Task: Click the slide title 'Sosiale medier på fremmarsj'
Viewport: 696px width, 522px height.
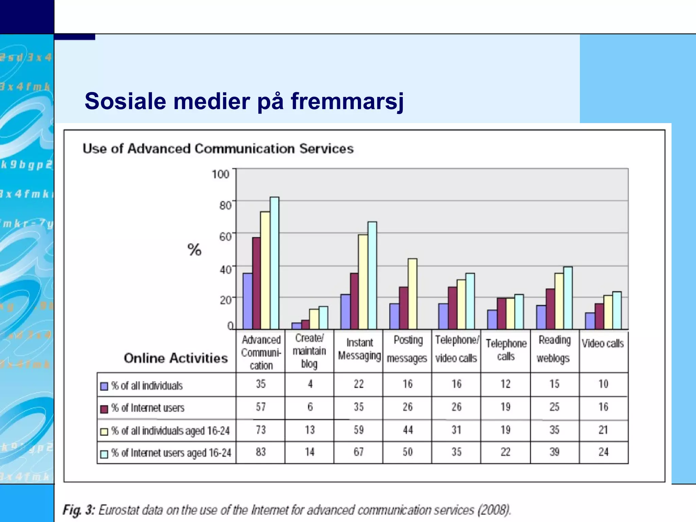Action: click(x=244, y=101)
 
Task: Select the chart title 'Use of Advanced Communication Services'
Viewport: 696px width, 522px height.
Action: click(x=218, y=149)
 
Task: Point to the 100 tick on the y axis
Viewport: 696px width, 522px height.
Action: click(x=220, y=174)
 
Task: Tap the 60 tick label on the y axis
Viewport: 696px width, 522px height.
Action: click(x=225, y=237)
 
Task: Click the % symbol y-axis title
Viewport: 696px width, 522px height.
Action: click(x=194, y=250)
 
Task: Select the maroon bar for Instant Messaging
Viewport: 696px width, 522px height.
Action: click(x=354, y=301)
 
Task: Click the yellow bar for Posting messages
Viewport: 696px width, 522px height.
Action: click(x=412, y=294)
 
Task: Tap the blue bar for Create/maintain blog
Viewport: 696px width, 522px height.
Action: click(x=296, y=326)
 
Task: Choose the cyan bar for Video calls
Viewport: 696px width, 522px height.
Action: click(x=616, y=310)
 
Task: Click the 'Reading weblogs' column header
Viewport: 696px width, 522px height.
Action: click(x=554, y=349)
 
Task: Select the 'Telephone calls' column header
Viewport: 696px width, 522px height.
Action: click(x=506, y=350)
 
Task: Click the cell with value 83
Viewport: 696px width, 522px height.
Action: click(x=261, y=452)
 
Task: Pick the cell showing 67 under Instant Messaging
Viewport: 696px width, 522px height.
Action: click(x=359, y=452)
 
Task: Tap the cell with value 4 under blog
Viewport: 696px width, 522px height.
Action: click(x=310, y=384)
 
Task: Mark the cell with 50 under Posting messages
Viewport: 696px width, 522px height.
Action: click(x=407, y=452)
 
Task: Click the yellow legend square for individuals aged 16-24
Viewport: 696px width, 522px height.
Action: click(x=104, y=432)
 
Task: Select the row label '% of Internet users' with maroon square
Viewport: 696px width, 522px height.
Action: click(x=147, y=408)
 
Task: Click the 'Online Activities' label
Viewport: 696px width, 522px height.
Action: click(x=176, y=358)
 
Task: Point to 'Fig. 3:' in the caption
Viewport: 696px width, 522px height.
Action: click(x=79, y=510)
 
